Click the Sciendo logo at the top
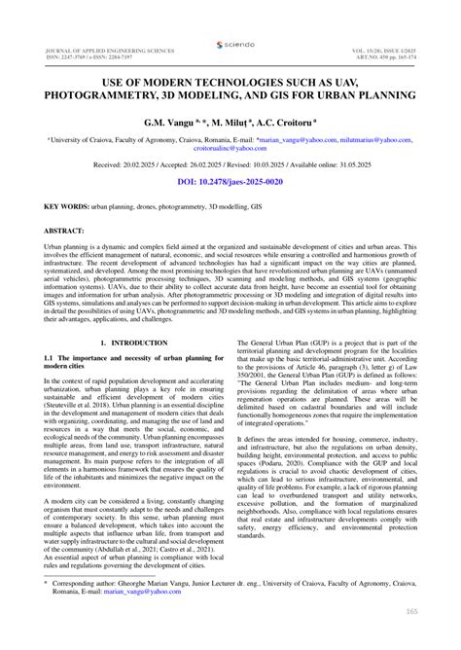pyautogui.click(x=230, y=45)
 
